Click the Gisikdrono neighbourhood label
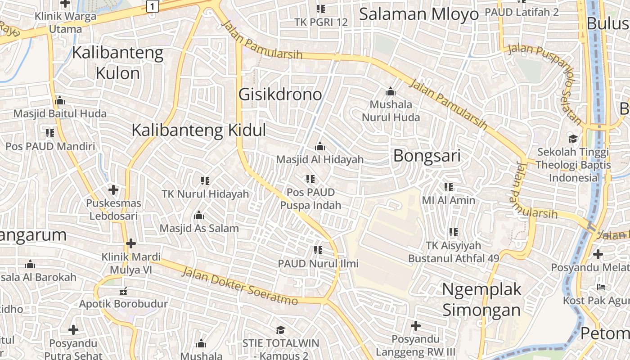click(x=280, y=94)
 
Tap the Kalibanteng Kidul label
click(x=198, y=130)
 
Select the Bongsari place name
click(x=427, y=156)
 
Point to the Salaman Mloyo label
click(x=418, y=14)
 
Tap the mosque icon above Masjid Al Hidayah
click(x=320, y=146)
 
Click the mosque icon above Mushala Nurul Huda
click(x=391, y=92)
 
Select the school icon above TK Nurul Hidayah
click(x=205, y=181)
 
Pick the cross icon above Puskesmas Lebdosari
click(x=113, y=190)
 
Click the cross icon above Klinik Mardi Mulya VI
click(x=131, y=243)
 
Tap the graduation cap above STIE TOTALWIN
click(x=280, y=330)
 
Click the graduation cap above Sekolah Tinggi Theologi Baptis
click(x=573, y=139)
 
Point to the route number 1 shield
click(x=153, y=6)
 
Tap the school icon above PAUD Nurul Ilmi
click(x=318, y=250)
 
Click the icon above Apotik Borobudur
click(x=123, y=291)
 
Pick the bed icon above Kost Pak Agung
click(x=601, y=287)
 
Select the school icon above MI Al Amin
click(x=448, y=187)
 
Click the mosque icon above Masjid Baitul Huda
click(x=60, y=100)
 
